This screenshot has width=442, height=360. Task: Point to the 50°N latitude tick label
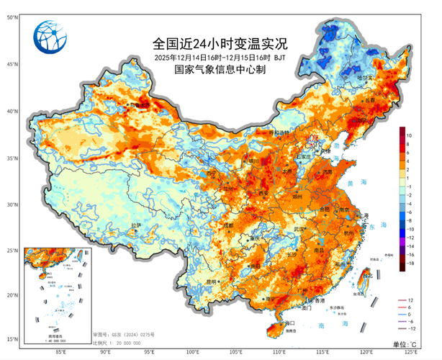coord(12,17)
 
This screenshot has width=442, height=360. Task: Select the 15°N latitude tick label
coord(12,338)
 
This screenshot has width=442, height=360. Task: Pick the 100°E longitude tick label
coord(193,352)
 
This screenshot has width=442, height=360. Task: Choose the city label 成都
coord(229,225)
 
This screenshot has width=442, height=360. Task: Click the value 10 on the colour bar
coord(407,135)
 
